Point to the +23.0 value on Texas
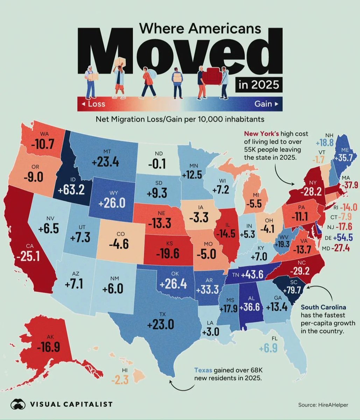coord(161,324)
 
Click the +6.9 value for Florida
coord(269,348)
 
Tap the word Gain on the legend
coord(263,104)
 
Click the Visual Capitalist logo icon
coord(18,404)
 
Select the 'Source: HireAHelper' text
coord(323,405)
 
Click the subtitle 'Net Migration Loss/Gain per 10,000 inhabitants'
coord(180,119)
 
